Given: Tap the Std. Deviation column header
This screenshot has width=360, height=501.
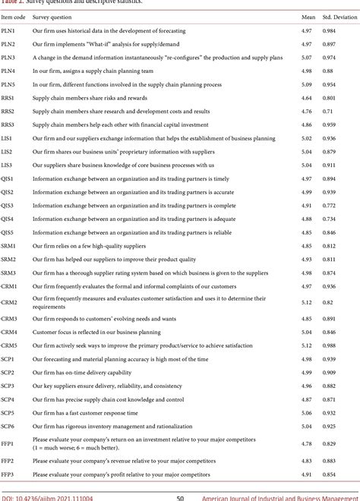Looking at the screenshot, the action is pos(338,15).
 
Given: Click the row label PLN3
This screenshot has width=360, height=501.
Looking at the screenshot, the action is pos(8,57).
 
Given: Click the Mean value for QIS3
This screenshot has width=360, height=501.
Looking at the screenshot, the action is pos(306,205).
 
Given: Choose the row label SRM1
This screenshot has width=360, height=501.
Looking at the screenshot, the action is pos(9,245).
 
